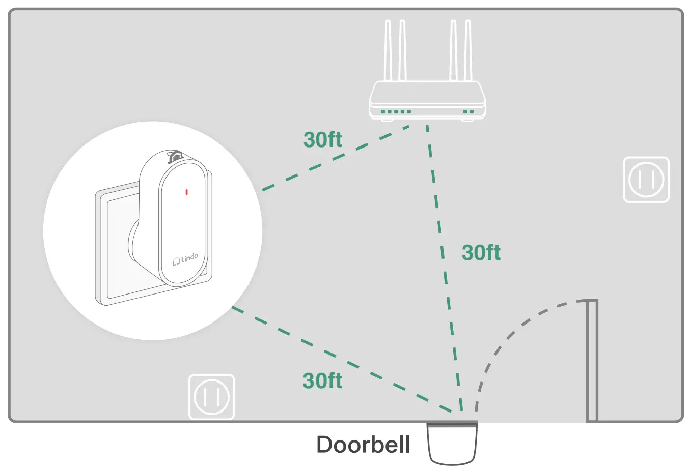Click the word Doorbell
pos(363,445)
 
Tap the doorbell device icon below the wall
pos(452,444)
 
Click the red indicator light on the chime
pos(187,192)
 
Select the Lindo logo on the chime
pos(185,259)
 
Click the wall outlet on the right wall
pos(646,180)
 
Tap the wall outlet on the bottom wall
pos(212,397)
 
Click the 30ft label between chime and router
pos(323,140)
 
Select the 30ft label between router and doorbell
pos(481,253)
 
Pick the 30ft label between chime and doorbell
pos(322,380)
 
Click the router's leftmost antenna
pos(388,51)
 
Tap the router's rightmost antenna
pos(468,51)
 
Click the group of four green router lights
pos(396,111)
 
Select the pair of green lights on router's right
pos(468,111)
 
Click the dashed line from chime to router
pos(336,158)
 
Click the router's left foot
pos(387,120)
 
